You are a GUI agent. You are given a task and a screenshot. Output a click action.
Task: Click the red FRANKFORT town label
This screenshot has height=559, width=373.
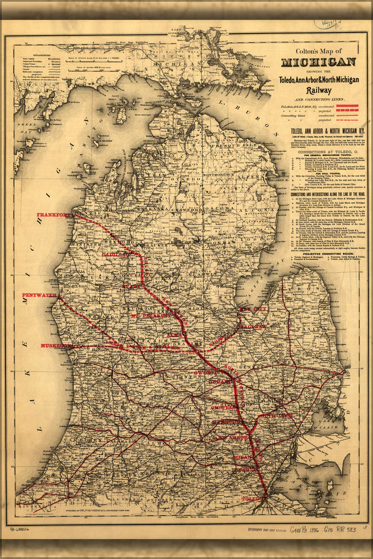pos(54,215)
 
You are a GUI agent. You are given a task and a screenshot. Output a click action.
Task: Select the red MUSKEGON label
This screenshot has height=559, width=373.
pos(56,346)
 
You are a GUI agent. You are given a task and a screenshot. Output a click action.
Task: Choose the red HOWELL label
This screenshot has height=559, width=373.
pos(223,409)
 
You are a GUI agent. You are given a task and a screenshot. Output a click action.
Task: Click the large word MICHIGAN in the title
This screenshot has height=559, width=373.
pos(318,62)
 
